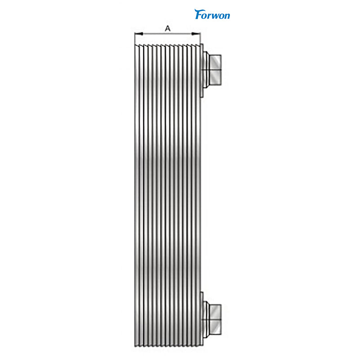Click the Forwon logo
point(212,14)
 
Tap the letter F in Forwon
point(198,14)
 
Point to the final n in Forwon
point(227,16)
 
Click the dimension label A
point(168,28)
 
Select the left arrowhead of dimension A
point(139,34)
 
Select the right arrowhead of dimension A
point(196,34)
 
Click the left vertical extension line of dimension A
point(135,39)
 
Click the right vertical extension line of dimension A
point(200,39)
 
